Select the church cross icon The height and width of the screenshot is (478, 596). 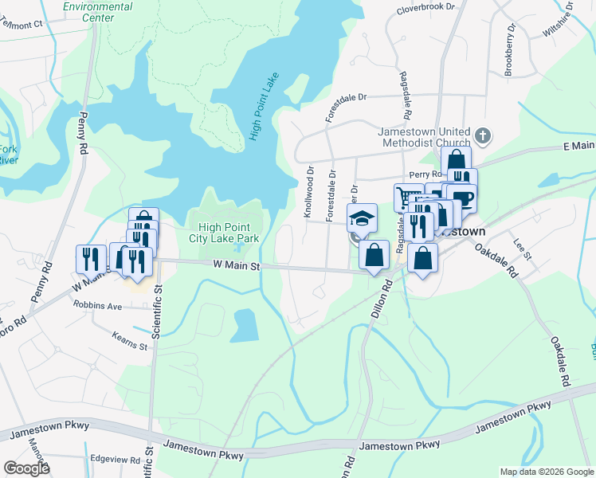(x=482, y=134)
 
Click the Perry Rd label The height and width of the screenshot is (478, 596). (x=425, y=174)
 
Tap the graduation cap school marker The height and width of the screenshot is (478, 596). (x=362, y=217)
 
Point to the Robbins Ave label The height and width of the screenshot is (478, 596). (x=97, y=305)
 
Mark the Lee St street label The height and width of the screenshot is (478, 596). (x=523, y=249)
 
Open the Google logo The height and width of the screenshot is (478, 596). (x=26, y=468)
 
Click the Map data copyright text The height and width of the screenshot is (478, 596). (x=546, y=472)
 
